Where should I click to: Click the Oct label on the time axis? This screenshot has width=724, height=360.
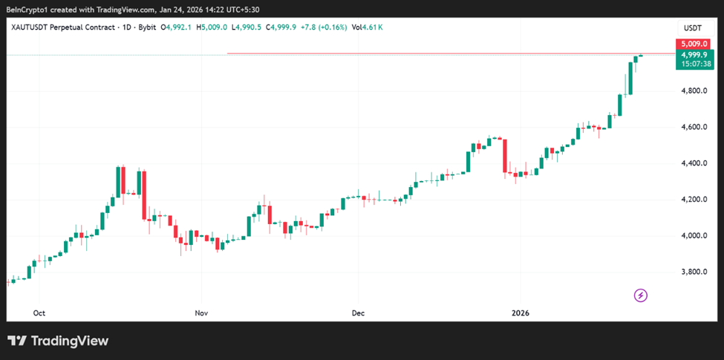point(39,312)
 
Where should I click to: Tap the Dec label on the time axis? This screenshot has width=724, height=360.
point(359,312)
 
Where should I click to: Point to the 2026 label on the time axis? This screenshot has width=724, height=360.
point(520,312)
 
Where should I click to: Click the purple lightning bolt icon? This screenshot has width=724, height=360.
point(641,295)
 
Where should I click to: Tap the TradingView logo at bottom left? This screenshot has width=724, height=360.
point(58,341)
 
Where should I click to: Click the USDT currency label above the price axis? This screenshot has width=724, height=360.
point(692,27)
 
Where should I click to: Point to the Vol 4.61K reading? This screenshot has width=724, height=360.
point(367,27)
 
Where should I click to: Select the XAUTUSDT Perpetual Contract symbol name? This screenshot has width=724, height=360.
point(63,27)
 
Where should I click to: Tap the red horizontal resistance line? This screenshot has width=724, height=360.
point(446,53)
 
